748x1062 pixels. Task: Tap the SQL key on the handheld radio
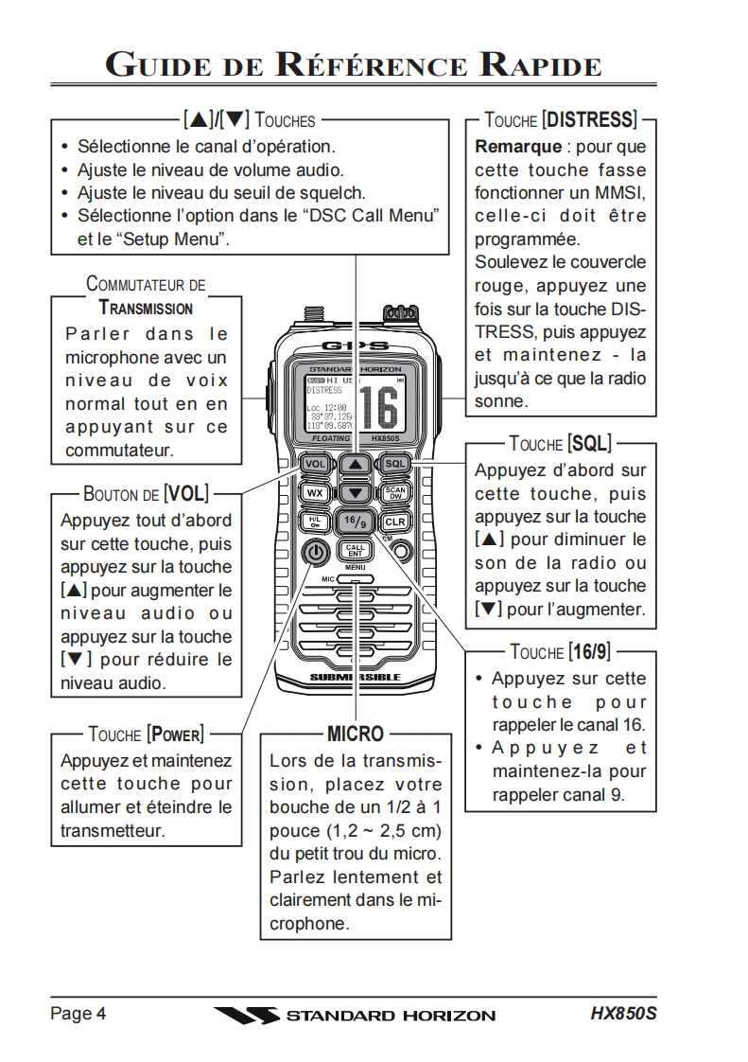pyautogui.click(x=394, y=464)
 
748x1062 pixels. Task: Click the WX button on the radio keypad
pyautogui.click(x=316, y=493)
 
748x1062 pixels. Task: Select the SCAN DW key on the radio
pyautogui.click(x=394, y=493)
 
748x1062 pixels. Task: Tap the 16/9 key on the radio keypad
pyautogui.click(x=355, y=521)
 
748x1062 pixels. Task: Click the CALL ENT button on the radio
pyautogui.click(x=355, y=551)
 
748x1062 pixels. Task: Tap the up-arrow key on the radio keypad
pyautogui.click(x=355, y=465)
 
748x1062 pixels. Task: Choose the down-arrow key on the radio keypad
pyautogui.click(x=355, y=493)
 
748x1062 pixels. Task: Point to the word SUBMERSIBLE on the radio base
pyautogui.click(x=356, y=678)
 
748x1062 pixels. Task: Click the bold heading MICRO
pyautogui.click(x=355, y=734)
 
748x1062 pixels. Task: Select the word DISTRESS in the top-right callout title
pyautogui.click(x=591, y=120)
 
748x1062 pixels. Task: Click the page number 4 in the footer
pyautogui.click(x=101, y=1014)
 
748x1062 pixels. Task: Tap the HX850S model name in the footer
pyautogui.click(x=623, y=1014)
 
